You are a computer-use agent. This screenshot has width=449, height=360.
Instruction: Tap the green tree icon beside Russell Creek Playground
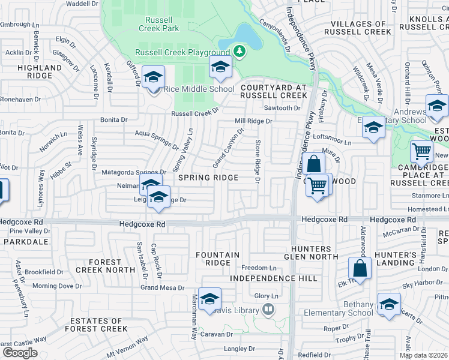click(240, 52)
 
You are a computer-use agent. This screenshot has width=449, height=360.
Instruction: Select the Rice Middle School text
click(199, 89)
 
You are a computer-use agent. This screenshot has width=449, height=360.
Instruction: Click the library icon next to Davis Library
click(268, 310)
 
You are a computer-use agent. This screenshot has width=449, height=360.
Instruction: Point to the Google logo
click(20, 352)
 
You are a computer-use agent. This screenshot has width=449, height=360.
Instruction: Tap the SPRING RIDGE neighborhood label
click(207, 178)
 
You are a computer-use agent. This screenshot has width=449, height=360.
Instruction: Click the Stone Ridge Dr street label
click(257, 161)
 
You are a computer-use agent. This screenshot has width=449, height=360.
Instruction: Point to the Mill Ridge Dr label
click(253, 121)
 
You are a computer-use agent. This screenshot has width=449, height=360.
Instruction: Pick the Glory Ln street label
click(267, 296)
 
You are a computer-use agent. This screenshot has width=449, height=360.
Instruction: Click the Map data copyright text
click(423, 355)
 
